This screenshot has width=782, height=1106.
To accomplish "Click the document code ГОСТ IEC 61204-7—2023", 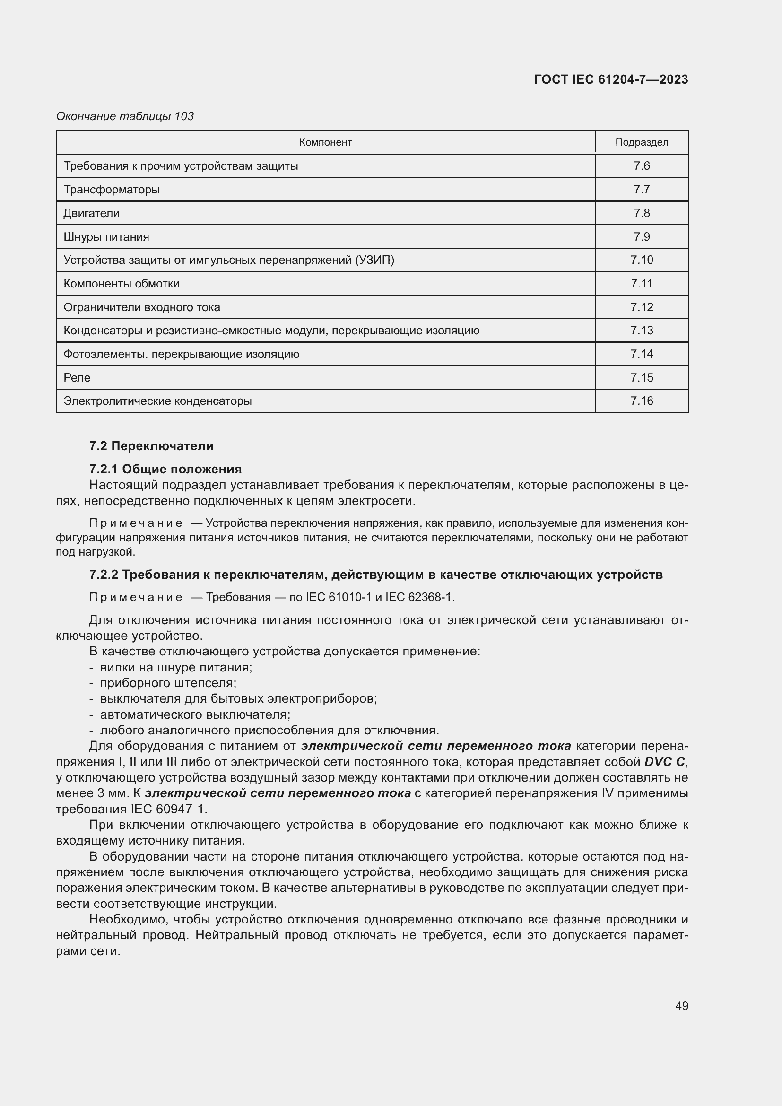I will click(x=610, y=79).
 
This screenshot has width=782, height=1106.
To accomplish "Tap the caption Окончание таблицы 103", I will click(x=125, y=116).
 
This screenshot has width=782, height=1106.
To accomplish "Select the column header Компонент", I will click(x=325, y=142).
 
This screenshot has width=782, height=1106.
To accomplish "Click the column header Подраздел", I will click(x=642, y=142).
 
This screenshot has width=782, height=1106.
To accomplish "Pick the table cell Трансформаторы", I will click(x=112, y=189).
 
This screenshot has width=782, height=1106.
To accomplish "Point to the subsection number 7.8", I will click(x=642, y=213).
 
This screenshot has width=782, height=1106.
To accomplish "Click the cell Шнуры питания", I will click(x=106, y=236).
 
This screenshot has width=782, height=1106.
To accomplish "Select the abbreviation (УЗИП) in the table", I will click(x=374, y=260).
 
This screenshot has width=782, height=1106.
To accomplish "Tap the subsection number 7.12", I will click(x=642, y=307).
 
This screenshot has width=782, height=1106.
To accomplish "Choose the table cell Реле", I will click(x=77, y=378).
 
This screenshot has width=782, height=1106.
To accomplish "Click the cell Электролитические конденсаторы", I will click(x=157, y=401).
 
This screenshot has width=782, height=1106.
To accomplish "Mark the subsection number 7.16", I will click(x=642, y=401).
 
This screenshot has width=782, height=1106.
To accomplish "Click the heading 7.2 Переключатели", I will click(x=151, y=445).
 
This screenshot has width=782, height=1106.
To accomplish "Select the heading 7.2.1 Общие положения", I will click(x=165, y=469).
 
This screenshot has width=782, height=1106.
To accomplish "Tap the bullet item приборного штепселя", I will click(x=168, y=683).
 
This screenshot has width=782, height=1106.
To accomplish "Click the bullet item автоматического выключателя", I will click(x=195, y=714).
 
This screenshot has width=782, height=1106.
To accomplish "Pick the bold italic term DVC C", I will click(x=664, y=762).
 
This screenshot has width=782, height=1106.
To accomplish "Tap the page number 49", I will click(x=681, y=1006).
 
